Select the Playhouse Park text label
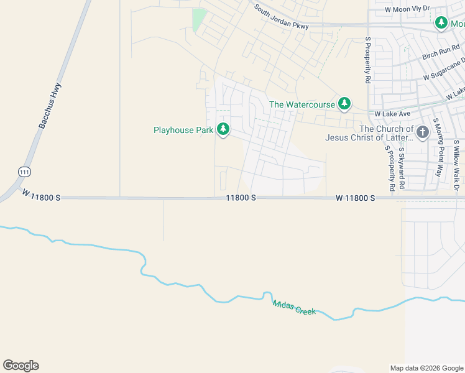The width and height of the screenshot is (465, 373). pyautogui.click(x=183, y=130)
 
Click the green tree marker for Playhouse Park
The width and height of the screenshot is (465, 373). pyautogui.click(x=223, y=129)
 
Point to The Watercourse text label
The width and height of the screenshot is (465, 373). pyautogui.click(x=302, y=104)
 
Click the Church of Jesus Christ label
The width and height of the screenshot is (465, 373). pyautogui.click(x=369, y=133)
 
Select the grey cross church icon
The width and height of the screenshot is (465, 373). pyautogui.click(x=423, y=132)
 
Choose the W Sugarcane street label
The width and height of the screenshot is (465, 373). pyautogui.click(x=444, y=70)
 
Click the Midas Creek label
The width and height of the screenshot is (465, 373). pyautogui.click(x=293, y=307)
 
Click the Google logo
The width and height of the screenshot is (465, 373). pyautogui.click(x=21, y=366)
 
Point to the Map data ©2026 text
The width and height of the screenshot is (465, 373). pyautogui.click(x=426, y=368)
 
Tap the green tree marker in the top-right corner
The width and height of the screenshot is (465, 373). pyautogui.click(x=441, y=23)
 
